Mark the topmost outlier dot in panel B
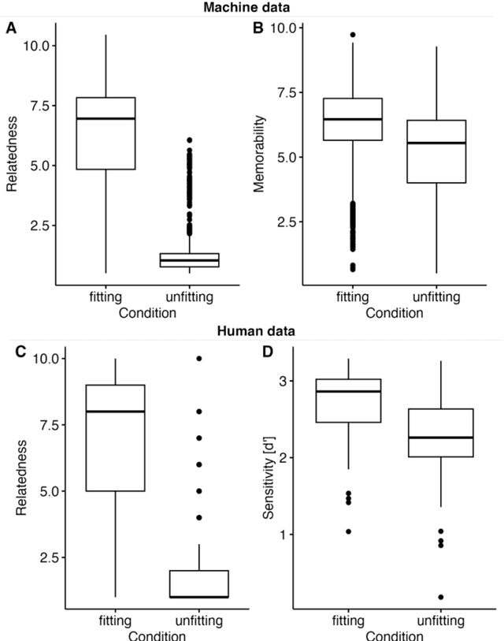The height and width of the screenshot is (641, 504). pos(353,35)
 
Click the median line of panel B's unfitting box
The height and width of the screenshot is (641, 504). pos(436,143)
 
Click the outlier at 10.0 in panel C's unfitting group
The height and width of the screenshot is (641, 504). pos(199,358)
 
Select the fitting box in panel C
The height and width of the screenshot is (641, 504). pos(115,438)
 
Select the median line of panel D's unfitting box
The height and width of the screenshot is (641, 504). pos(440,437)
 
